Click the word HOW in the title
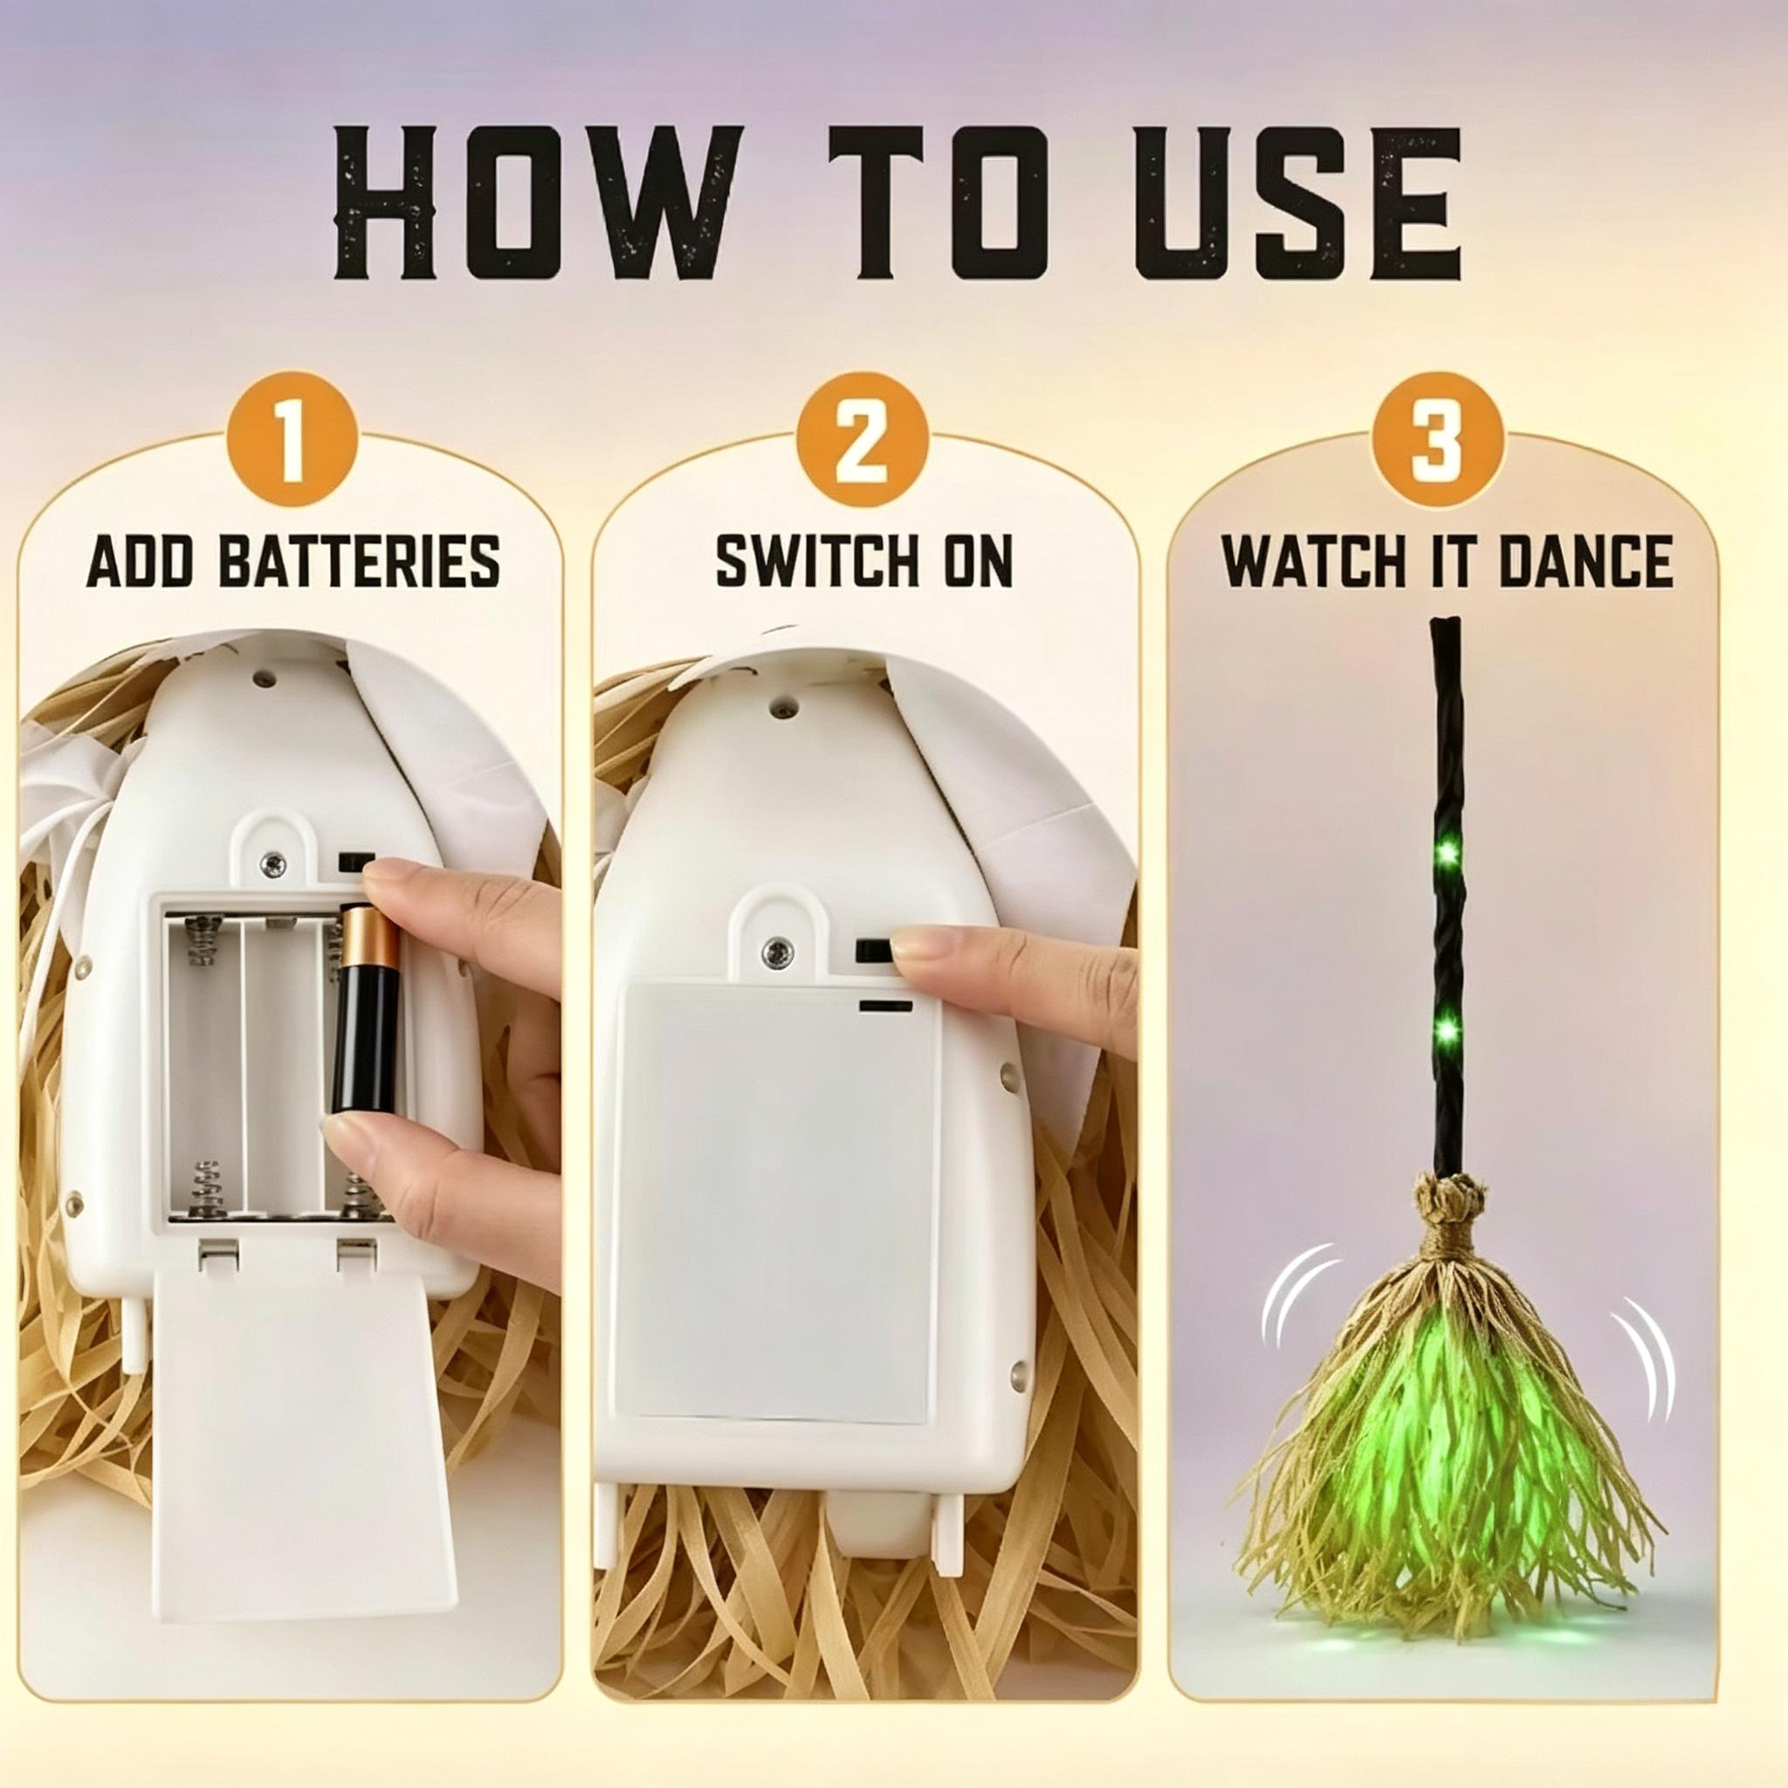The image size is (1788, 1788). (538, 203)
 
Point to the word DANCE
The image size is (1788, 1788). (1585, 560)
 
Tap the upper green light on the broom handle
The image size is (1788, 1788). (1447, 849)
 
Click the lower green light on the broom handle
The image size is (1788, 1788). (1447, 1027)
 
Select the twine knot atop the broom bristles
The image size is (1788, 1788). (1448, 1203)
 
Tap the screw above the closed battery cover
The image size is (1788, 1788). (775, 950)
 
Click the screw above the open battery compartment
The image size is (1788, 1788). (273, 865)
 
